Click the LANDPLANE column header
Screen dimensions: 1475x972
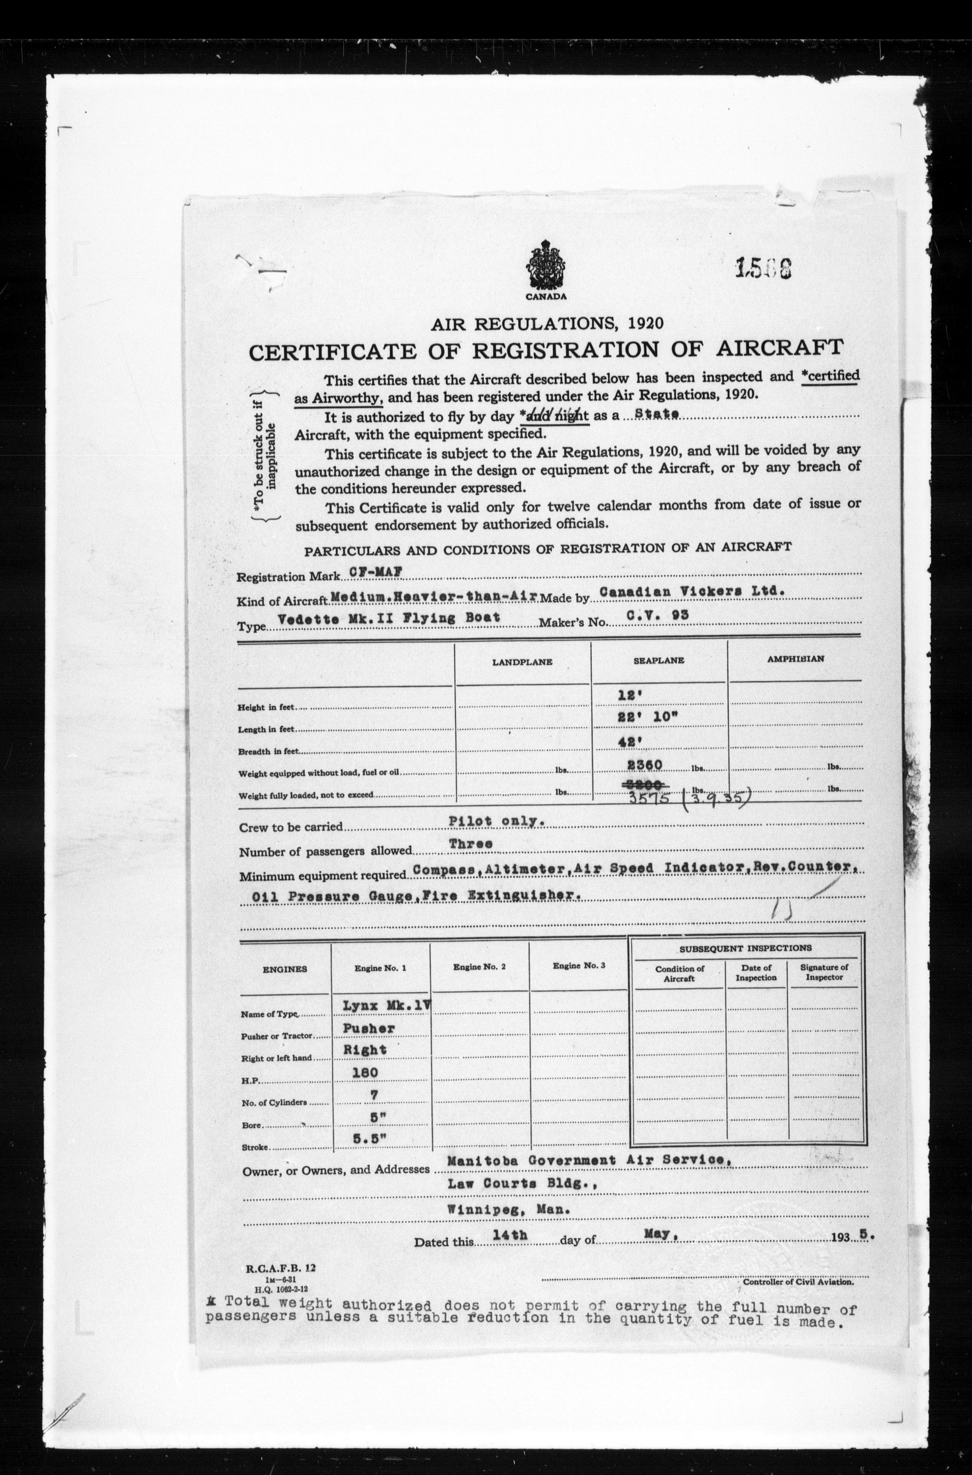[522, 662]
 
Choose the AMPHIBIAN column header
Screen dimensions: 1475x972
[795, 659]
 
